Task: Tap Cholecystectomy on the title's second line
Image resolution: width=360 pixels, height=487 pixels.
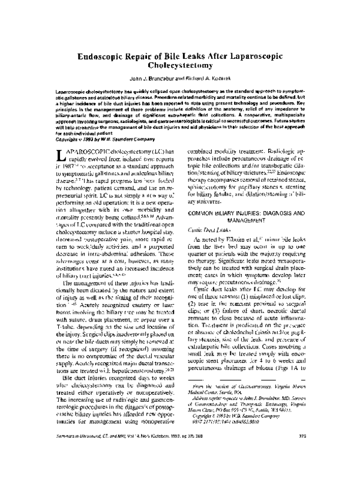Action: coord(179,66)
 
